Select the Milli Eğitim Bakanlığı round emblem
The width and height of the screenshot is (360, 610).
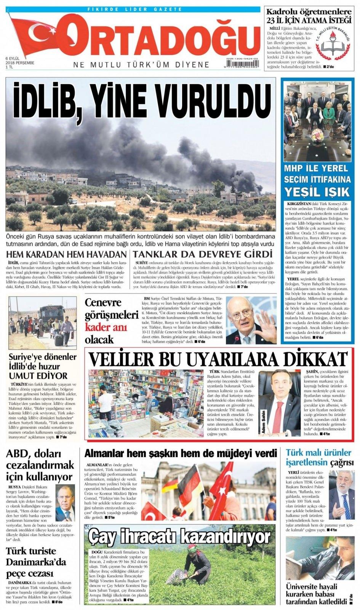(335, 46)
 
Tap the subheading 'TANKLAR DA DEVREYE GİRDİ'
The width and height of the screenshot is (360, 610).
(203, 254)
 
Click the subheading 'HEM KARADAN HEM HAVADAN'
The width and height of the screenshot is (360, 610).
(67, 254)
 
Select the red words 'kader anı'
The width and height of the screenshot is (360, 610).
(104, 327)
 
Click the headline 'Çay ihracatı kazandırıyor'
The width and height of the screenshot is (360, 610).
(179, 537)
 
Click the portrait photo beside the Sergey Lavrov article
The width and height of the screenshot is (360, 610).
(65, 503)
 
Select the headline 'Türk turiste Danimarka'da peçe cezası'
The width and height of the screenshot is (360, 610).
(36, 562)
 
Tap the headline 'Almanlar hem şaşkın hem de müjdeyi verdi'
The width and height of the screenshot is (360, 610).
(181, 453)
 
